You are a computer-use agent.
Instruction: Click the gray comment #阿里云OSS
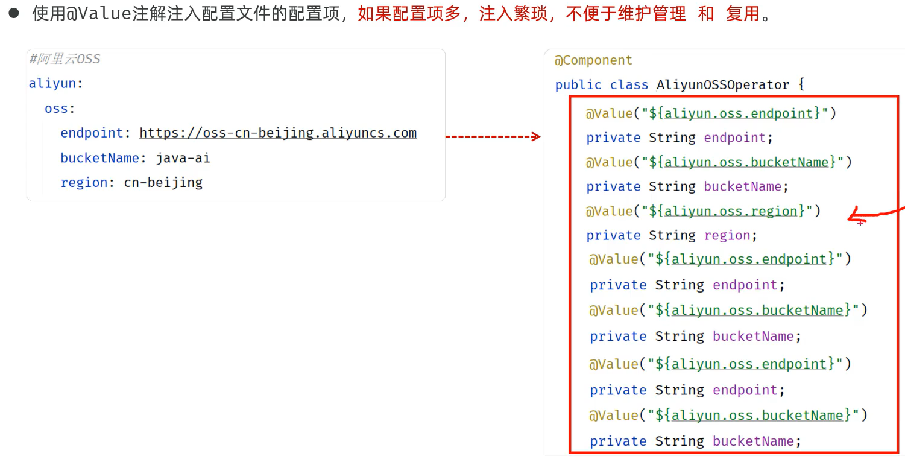[65, 59]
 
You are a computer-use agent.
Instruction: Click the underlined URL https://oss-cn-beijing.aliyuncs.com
[278, 133]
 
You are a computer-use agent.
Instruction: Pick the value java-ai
[183, 158]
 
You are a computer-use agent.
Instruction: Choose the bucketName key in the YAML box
[99, 158]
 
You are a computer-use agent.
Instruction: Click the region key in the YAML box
[84, 182]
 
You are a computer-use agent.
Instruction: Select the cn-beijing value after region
[163, 182]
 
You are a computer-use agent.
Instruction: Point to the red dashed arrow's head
[536, 137]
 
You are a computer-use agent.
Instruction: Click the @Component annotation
[593, 60]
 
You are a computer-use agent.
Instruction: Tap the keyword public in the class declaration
[578, 85]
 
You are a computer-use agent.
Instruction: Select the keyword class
[629, 85]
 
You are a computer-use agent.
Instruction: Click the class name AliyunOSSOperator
[723, 85]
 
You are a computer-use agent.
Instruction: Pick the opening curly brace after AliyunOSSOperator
[801, 84]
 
